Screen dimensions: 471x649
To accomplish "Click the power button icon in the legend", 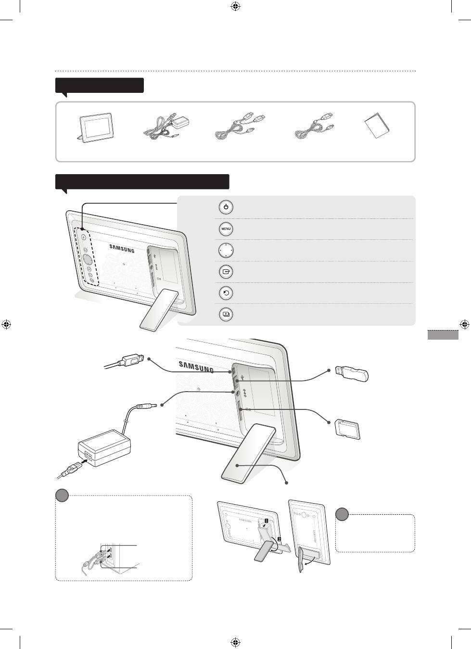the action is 226,207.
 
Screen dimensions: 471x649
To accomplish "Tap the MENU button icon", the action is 226,229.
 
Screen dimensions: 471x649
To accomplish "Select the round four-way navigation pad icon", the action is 226,250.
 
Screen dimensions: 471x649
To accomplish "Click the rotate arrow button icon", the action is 226,293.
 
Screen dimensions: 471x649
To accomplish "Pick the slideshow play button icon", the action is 226,314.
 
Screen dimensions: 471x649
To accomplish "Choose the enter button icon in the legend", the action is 226,272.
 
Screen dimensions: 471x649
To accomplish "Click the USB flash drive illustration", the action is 352,374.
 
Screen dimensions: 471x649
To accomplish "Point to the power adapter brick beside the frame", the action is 104,447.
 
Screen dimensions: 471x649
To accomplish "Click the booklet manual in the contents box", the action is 377,126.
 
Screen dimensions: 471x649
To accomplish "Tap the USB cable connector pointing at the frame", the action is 132,360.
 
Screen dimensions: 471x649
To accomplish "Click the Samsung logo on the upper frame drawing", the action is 122,249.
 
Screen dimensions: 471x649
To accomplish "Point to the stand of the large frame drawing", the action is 249,454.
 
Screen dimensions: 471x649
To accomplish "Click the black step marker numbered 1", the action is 267,521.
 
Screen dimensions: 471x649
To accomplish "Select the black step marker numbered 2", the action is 279,539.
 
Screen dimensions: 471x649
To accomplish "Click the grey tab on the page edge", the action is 443,335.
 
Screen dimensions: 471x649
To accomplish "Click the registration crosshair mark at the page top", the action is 236,6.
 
